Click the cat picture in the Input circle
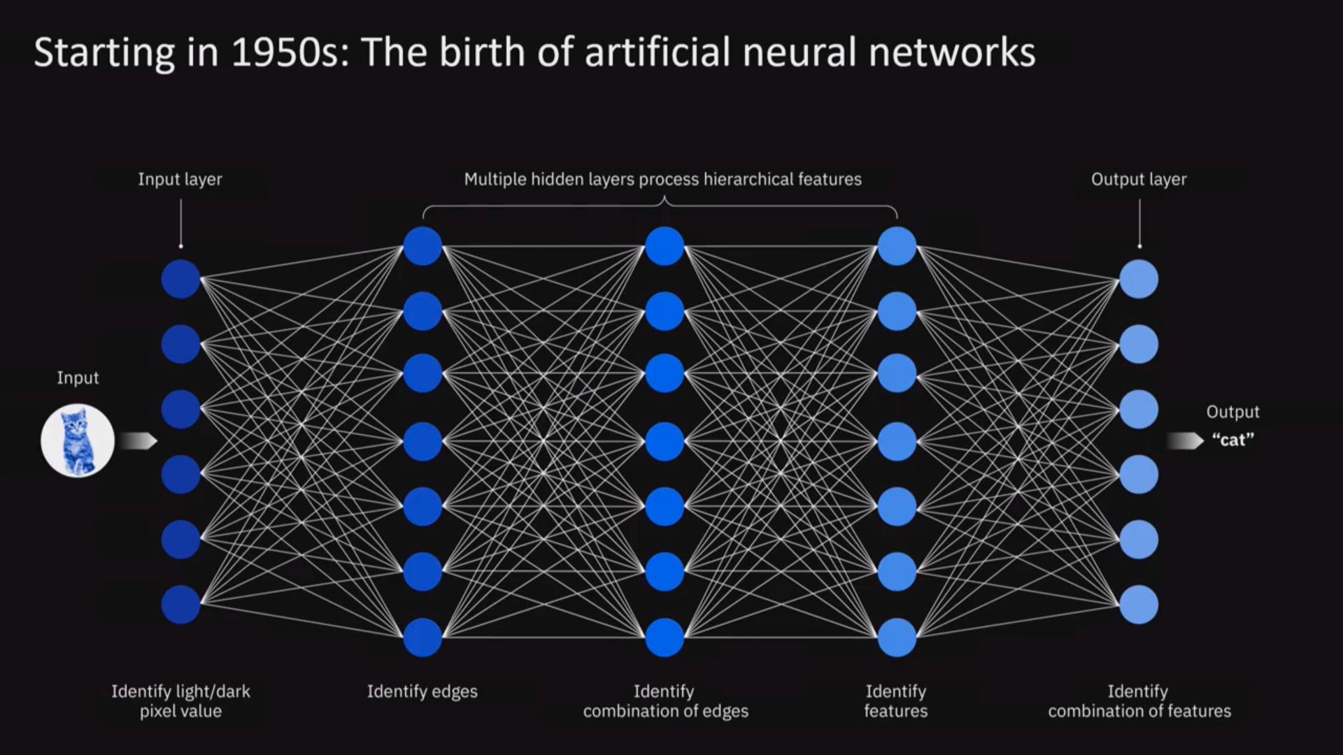coord(78,441)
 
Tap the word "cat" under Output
coord(1232,440)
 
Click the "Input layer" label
coord(180,180)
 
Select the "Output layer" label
coord(1139,180)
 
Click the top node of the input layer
coord(180,279)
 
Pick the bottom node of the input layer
coord(180,605)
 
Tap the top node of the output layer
coord(1139,279)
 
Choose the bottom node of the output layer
coord(1139,605)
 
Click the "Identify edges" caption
coord(422,692)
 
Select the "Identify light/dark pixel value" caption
coord(180,701)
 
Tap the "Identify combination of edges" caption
coord(665,701)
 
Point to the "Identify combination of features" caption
coord(1139,701)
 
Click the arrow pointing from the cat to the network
coord(138,441)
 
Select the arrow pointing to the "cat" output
coord(1185,441)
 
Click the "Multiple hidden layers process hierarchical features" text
coord(663,180)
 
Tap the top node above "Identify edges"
coord(422,246)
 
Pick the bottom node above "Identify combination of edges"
coord(664,638)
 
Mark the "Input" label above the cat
coord(78,378)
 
